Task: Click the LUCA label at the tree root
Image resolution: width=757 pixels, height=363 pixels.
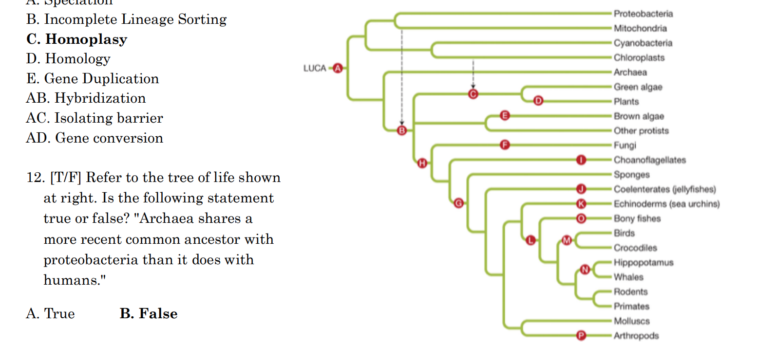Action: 315,68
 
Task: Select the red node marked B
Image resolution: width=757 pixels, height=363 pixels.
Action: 402,130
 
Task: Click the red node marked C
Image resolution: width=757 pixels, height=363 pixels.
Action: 473,94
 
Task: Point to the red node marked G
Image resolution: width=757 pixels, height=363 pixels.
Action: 458,203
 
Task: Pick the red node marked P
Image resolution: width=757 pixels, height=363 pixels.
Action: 580,335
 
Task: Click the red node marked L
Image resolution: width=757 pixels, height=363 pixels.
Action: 531,239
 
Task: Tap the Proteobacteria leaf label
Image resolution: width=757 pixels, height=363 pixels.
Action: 643,14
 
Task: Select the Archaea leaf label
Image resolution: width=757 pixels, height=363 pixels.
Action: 630,73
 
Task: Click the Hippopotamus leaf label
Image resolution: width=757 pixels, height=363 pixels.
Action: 643,263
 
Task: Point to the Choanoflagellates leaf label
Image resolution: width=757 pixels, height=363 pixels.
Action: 649,160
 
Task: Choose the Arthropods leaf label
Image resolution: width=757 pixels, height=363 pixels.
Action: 636,336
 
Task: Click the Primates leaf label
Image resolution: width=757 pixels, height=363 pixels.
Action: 631,307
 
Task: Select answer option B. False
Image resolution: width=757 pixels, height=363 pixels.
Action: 149,314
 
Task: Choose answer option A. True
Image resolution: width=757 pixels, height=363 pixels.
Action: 50,314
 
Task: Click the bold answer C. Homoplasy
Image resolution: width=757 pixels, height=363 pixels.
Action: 76,39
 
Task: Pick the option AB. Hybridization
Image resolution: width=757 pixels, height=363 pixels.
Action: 86,98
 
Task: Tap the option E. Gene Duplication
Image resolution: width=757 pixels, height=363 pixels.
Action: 93,79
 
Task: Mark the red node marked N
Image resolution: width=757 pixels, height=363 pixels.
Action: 585,269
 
